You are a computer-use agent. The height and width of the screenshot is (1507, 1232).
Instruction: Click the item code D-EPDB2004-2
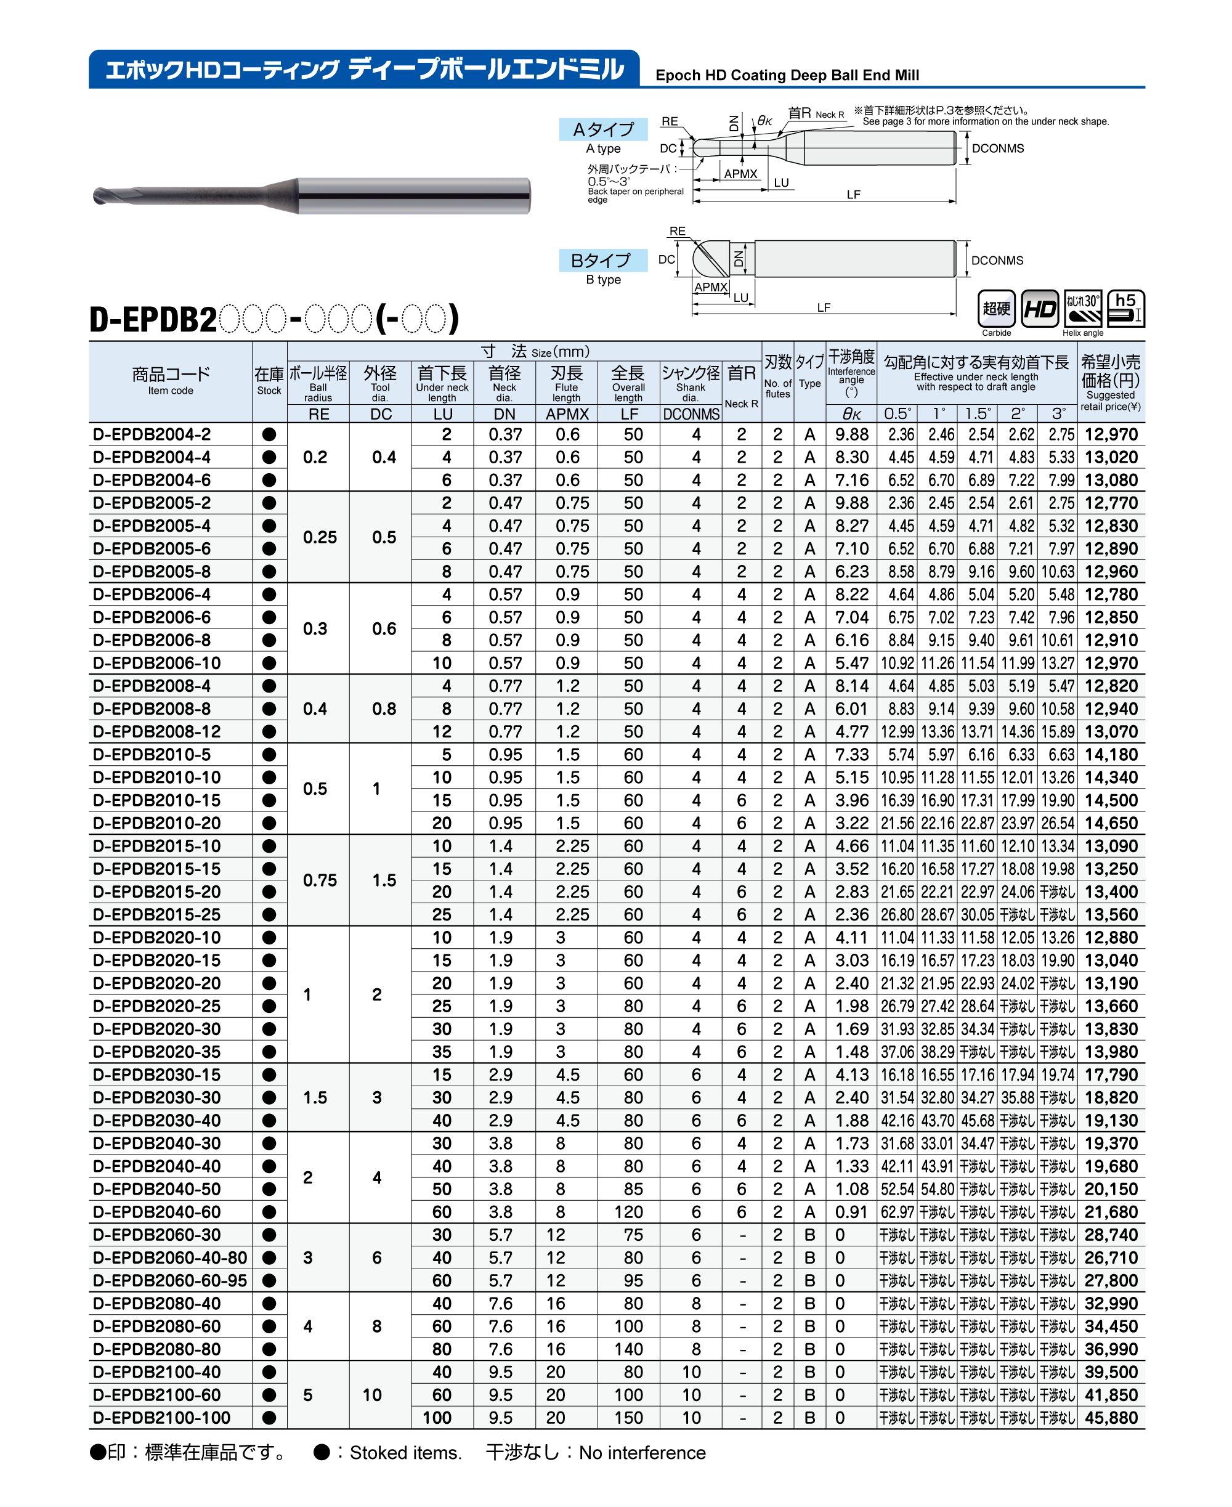coord(152,434)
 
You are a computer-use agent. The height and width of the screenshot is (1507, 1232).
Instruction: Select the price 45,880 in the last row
coord(1111,1418)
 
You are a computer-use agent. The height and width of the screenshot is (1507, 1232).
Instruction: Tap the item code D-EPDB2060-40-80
coord(169,1258)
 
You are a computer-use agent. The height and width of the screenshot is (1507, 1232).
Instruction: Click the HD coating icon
coord(1040,309)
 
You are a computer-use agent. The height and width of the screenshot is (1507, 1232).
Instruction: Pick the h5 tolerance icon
coord(1125,309)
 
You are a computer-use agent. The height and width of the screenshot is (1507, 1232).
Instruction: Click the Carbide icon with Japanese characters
coord(997,309)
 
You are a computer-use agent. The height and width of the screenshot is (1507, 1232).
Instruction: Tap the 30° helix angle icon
coord(1083,309)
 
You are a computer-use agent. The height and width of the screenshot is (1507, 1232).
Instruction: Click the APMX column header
coord(567,415)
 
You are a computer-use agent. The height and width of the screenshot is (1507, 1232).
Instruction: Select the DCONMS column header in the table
coord(691,415)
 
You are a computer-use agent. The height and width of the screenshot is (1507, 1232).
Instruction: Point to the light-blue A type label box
coord(603,129)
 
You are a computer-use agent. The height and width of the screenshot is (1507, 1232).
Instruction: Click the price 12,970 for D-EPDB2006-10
coord(1111,663)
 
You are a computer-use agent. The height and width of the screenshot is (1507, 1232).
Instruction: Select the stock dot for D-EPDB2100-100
coord(269,1418)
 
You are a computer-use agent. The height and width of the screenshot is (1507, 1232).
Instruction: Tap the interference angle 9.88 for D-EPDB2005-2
coord(851,503)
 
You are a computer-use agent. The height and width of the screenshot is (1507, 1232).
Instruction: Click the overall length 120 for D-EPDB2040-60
coord(628,1212)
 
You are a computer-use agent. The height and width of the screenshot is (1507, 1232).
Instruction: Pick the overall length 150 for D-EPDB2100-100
coord(628,1418)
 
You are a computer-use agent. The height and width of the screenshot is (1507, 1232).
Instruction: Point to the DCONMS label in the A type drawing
coord(997,148)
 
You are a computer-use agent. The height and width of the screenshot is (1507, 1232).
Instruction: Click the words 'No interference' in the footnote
coord(642,1453)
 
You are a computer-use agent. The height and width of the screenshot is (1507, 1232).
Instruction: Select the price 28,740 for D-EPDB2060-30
coord(1111,1235)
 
